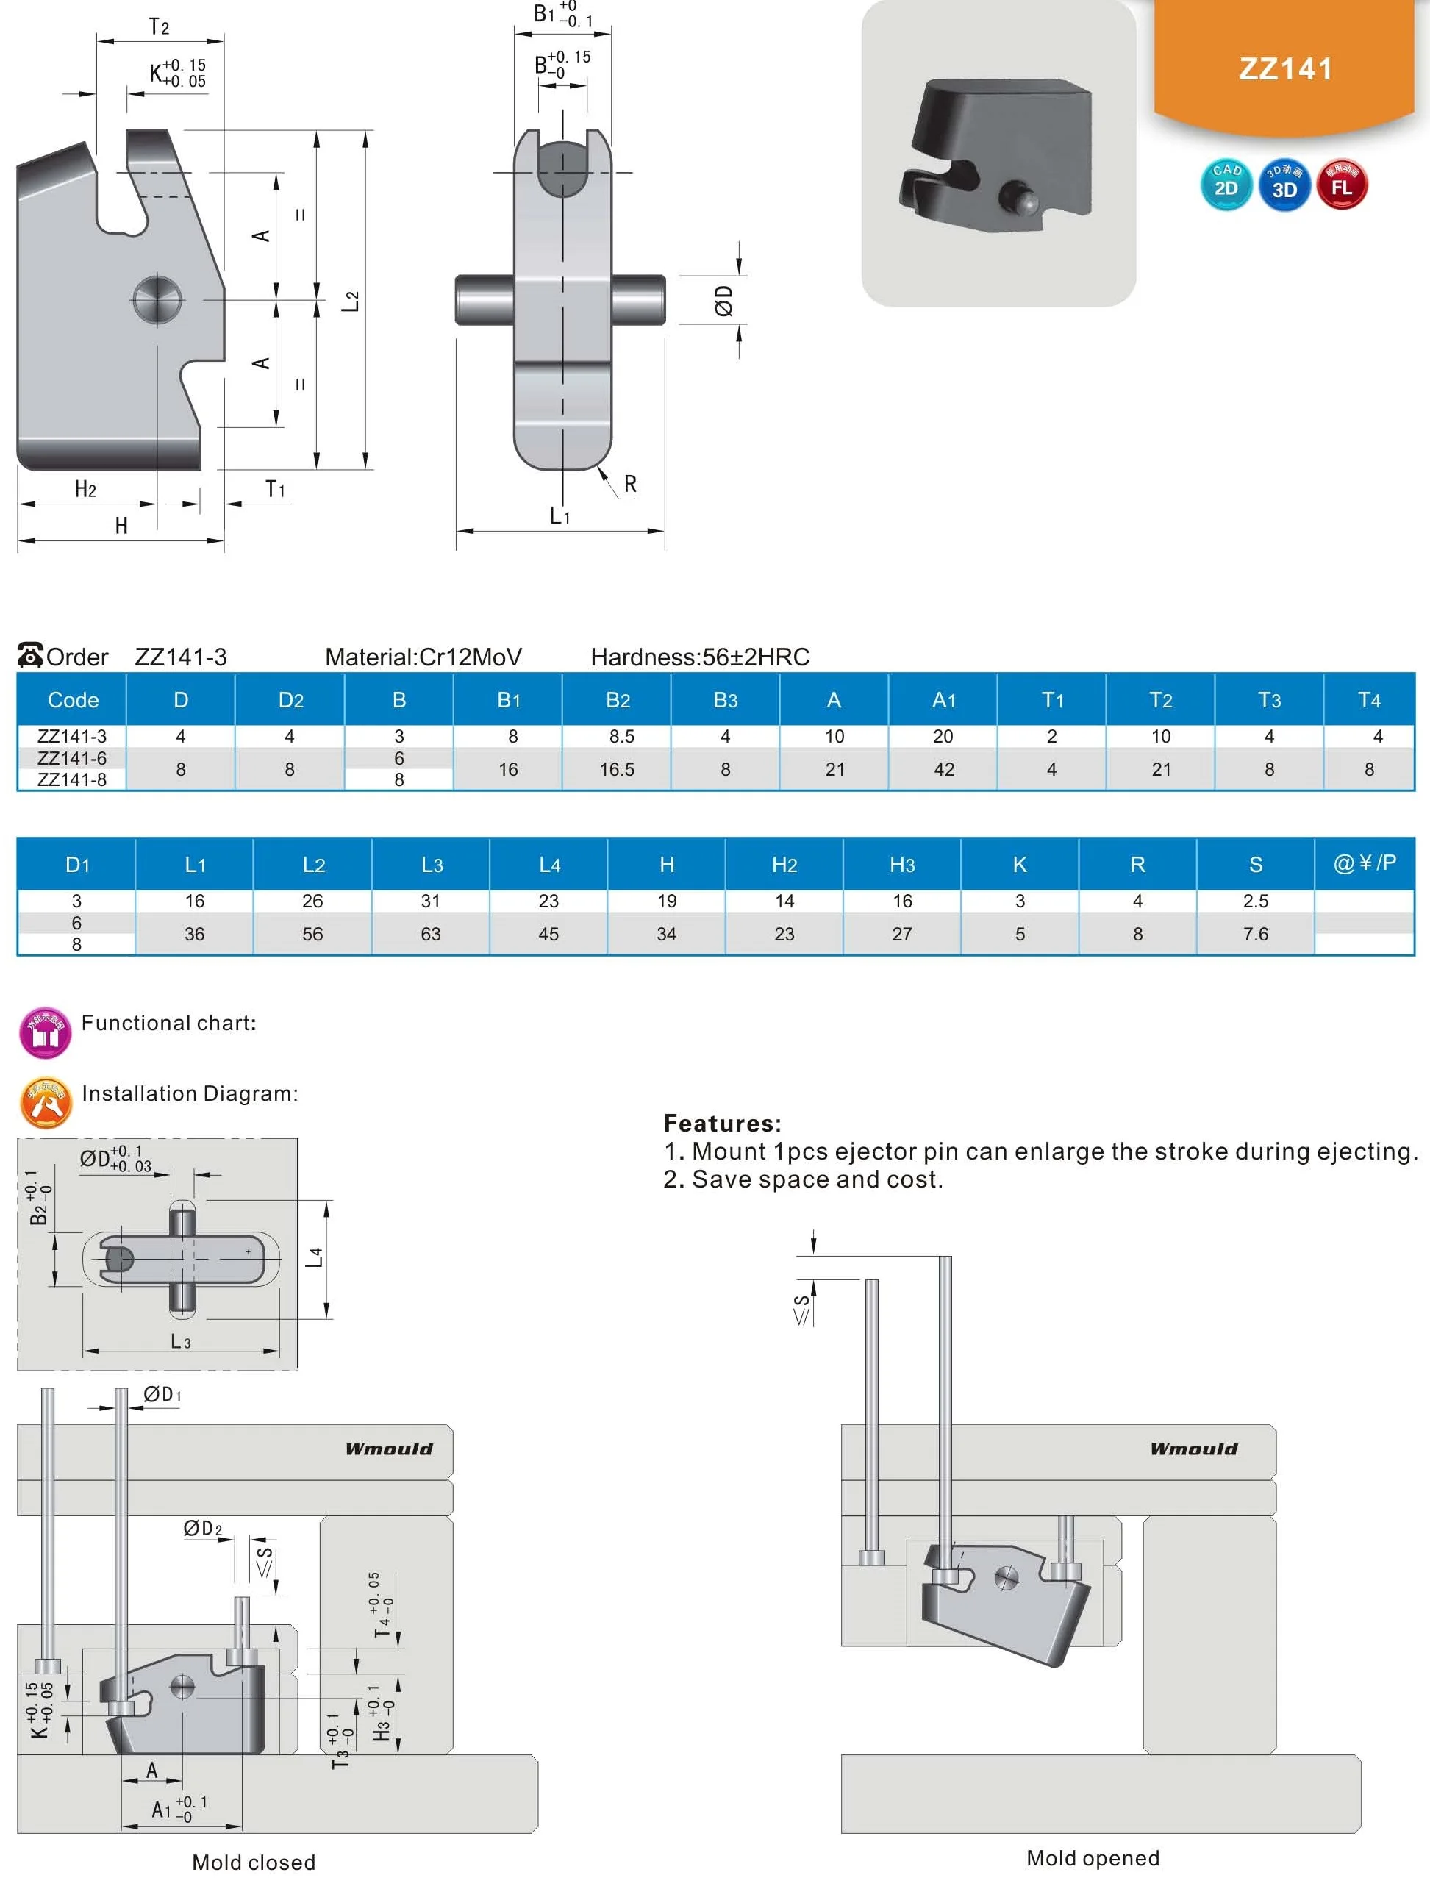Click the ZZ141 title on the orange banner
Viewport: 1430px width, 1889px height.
[1285, 68]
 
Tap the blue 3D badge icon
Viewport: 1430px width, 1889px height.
[1284, 185]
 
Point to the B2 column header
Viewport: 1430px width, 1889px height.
[618, 699]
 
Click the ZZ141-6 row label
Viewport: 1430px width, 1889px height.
[72, 757]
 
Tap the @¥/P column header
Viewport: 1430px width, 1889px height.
[1365, 863]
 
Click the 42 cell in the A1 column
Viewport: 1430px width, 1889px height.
[943, 769]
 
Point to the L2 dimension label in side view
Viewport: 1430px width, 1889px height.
[351, 301]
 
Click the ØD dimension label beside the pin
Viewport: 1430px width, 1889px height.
[724, 301]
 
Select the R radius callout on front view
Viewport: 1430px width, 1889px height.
[630, 485]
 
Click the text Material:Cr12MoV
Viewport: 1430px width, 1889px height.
[423, 657]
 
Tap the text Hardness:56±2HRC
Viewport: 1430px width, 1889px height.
[700, 657]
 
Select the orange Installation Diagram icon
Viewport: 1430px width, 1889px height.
[46, 1101]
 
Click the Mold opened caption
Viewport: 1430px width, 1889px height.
[1092, 1857]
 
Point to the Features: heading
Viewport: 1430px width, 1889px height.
[722, 1123]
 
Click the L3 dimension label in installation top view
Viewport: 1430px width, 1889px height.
[180, 1340]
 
